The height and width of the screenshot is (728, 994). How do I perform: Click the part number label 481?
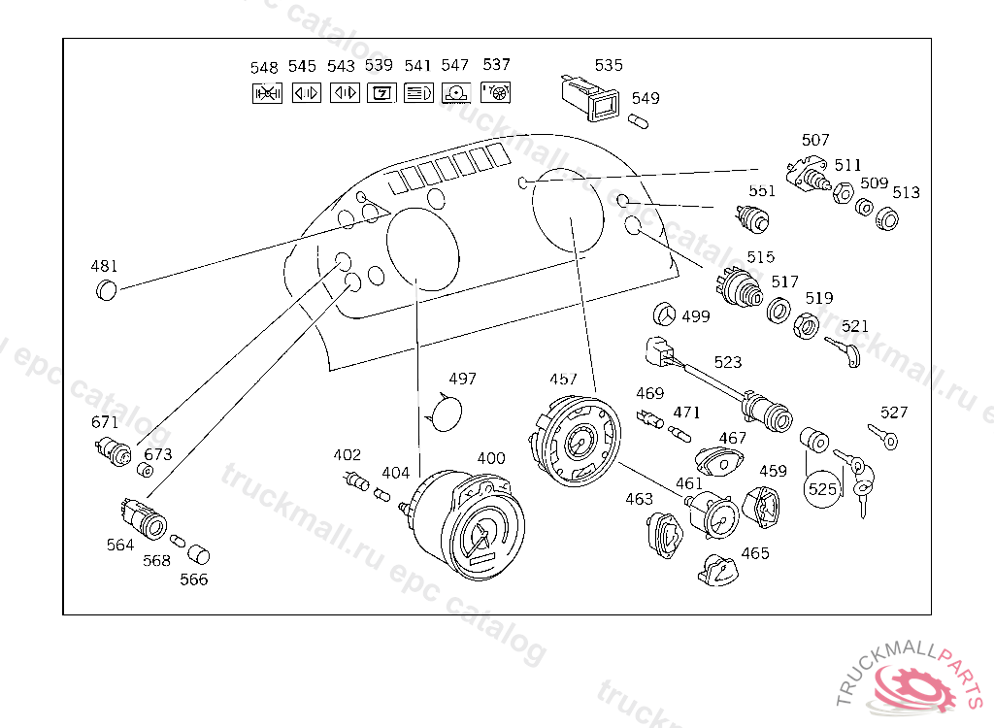(x=104, y=266)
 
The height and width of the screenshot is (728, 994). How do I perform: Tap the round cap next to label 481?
(x=107, y=290)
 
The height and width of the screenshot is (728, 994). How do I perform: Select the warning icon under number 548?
(x=268, y=93)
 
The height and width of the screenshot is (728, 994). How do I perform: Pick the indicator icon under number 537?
(x=496, y=92)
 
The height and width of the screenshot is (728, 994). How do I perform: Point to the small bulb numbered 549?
(x=638, y=121)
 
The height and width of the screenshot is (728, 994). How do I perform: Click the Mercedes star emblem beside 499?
(x=664, y=314)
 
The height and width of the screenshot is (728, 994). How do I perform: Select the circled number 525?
(x=823, y=489)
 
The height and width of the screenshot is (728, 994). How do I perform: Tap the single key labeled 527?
(x=883, y=436)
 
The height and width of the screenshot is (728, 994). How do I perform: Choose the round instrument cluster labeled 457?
(x=575, y=440)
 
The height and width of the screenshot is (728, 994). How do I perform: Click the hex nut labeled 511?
(x=843, y=192)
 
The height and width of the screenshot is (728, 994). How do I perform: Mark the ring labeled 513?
(x=887, y=219)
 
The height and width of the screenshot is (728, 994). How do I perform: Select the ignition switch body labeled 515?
(x=739, y=287)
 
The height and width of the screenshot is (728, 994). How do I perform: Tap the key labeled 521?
(x=844, y=351)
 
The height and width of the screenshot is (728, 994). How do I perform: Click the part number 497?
(x=462, y=379)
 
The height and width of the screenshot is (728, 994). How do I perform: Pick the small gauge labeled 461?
(x=712, y=514)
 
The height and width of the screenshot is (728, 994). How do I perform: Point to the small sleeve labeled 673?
(x=146, y=471)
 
